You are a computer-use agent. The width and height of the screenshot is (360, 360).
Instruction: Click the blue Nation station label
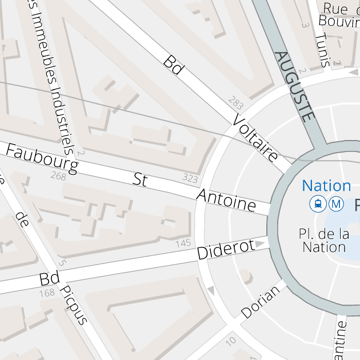coord(326,186)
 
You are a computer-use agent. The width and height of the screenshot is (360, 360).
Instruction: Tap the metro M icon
coord(337,203)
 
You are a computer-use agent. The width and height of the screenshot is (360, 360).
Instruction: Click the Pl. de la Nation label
coord(324,241)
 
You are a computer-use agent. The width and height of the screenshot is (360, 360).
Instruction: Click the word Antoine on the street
coord(226,200)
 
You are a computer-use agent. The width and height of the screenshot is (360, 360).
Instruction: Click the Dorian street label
coord(261,302)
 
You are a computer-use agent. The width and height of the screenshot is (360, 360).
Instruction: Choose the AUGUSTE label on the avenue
coord(295,86)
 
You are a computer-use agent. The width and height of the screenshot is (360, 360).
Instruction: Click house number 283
coord(235,103)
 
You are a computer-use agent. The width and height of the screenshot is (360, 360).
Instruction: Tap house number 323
coord(190,178)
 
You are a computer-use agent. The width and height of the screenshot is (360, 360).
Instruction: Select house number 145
coord(183,243)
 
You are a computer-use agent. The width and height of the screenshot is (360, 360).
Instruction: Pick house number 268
coord(58,175)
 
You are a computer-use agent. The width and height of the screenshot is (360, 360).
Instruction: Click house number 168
coord(47,294)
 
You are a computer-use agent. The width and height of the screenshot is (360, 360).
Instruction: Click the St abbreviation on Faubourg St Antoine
coord(140,180)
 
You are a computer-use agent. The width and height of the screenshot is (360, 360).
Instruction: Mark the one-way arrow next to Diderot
coord(261,244)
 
